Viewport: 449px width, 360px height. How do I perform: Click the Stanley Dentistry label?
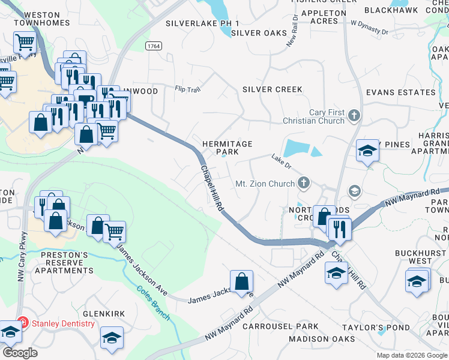(63, 324)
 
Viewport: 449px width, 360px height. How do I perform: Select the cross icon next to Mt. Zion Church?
(304, 183)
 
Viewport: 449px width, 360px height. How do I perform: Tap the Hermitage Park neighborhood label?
(227, 148)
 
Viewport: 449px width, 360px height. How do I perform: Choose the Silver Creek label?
(272, 89)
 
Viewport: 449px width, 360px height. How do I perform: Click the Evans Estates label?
(400, 92)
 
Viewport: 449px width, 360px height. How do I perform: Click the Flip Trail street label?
(187, 89)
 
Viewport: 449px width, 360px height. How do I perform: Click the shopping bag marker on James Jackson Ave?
(241, 281)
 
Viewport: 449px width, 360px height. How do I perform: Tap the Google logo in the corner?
(20, 353)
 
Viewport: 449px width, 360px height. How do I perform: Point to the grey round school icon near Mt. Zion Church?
(355, 191)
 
